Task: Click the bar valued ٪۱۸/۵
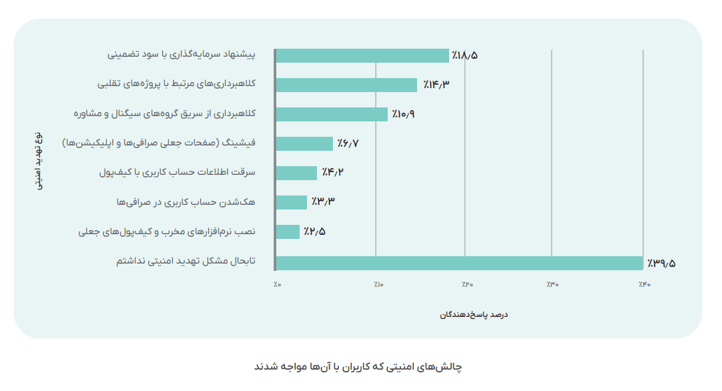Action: point(362,55)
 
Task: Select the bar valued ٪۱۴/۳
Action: point(346,85)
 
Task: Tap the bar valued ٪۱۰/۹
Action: point(332,114)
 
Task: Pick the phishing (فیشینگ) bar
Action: point(304,143)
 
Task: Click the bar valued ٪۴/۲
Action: point(296,173)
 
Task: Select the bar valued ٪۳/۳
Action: point(292,202)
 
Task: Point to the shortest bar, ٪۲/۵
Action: point(288,232)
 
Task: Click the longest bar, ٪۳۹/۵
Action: point(459,263)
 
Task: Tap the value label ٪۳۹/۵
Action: point(661,263)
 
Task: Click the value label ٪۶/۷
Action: point(348,143)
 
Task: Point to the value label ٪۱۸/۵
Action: point(464,55)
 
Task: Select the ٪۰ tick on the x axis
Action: point(277,285)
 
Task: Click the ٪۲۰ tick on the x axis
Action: point(466,285)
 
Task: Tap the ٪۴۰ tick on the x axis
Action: point(643,285)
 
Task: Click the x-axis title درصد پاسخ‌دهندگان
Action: point(474,314)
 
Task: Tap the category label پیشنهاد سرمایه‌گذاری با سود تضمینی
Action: point(182,55)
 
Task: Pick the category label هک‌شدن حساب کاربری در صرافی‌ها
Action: point(186,202)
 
